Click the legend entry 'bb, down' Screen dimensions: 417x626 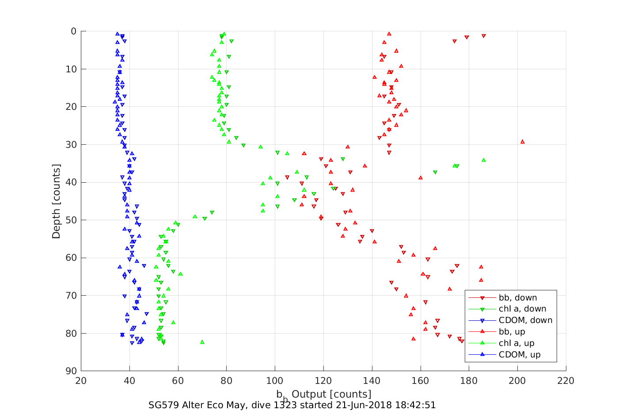[x=518, y=297]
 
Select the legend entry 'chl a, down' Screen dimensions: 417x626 [x=522, y=309]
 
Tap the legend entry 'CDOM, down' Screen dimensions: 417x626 [x=525, y=320]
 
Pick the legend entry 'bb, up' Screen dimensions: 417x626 [x=512, y=332]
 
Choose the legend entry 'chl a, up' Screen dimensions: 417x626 [x=516, y=343]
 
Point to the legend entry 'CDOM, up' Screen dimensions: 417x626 [x=520, y=355]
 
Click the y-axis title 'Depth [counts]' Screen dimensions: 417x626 [x=56, y=201]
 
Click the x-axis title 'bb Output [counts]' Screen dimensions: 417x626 [x=324, y=394]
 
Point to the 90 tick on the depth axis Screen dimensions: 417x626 [x=71, y=371]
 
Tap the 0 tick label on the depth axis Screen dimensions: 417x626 [x=74, y=31]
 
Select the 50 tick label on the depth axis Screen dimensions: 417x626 [x=71, y=220]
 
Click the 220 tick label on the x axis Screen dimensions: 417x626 [x=566, y=381]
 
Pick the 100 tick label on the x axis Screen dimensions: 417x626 [x=275, y=381]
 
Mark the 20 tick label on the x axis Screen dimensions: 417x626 [x=81, y=381]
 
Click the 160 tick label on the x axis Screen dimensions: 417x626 [x=420, y=381]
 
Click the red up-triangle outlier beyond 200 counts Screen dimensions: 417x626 [x=523, y=142]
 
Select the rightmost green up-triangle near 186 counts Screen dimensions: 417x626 [x=483, y=160]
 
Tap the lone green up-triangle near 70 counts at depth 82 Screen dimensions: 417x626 [x=202, y=342]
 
